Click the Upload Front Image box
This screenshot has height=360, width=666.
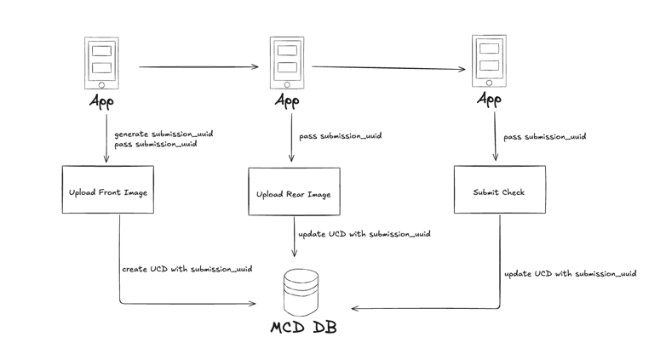point(108,189)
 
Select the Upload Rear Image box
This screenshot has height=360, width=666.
point(294,191)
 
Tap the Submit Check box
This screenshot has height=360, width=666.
point(499,189)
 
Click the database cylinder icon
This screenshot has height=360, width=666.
point(301,292)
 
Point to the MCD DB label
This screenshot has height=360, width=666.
point(304,328)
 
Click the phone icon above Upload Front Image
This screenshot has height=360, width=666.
point(101,63)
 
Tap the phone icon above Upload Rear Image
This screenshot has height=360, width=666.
point(287,63)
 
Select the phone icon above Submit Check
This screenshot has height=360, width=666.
point(489,61)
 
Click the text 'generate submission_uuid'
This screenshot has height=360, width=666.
point(164,134)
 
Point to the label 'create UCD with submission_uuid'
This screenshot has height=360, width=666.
point(187,269)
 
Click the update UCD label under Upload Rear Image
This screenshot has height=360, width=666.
point(365,234)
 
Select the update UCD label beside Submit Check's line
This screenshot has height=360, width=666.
point(571,274)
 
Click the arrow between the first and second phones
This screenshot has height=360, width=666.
point(198,66)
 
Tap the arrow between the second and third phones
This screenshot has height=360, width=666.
point(388,68)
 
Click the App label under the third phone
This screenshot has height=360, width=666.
point(489,100)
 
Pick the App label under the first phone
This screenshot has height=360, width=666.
point(101,102)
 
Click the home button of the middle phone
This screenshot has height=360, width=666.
point(287,85)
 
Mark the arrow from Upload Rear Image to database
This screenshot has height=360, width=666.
point(294,237)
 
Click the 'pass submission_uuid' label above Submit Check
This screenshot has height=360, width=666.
point(545,137)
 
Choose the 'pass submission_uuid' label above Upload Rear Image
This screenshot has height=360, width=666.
point(341,136)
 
